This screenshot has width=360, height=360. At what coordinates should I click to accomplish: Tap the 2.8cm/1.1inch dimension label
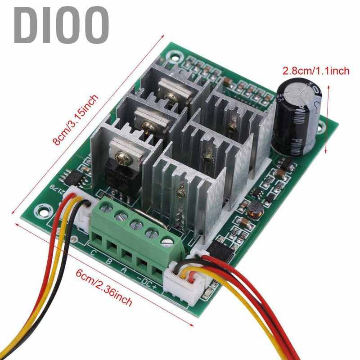pyautogui.click(x=315, y=71)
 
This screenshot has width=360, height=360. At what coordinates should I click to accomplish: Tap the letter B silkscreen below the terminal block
pyautogui.click(x=108, y=260)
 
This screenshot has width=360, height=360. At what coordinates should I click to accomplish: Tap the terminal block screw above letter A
pyautogui.click(x=135, y=224)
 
